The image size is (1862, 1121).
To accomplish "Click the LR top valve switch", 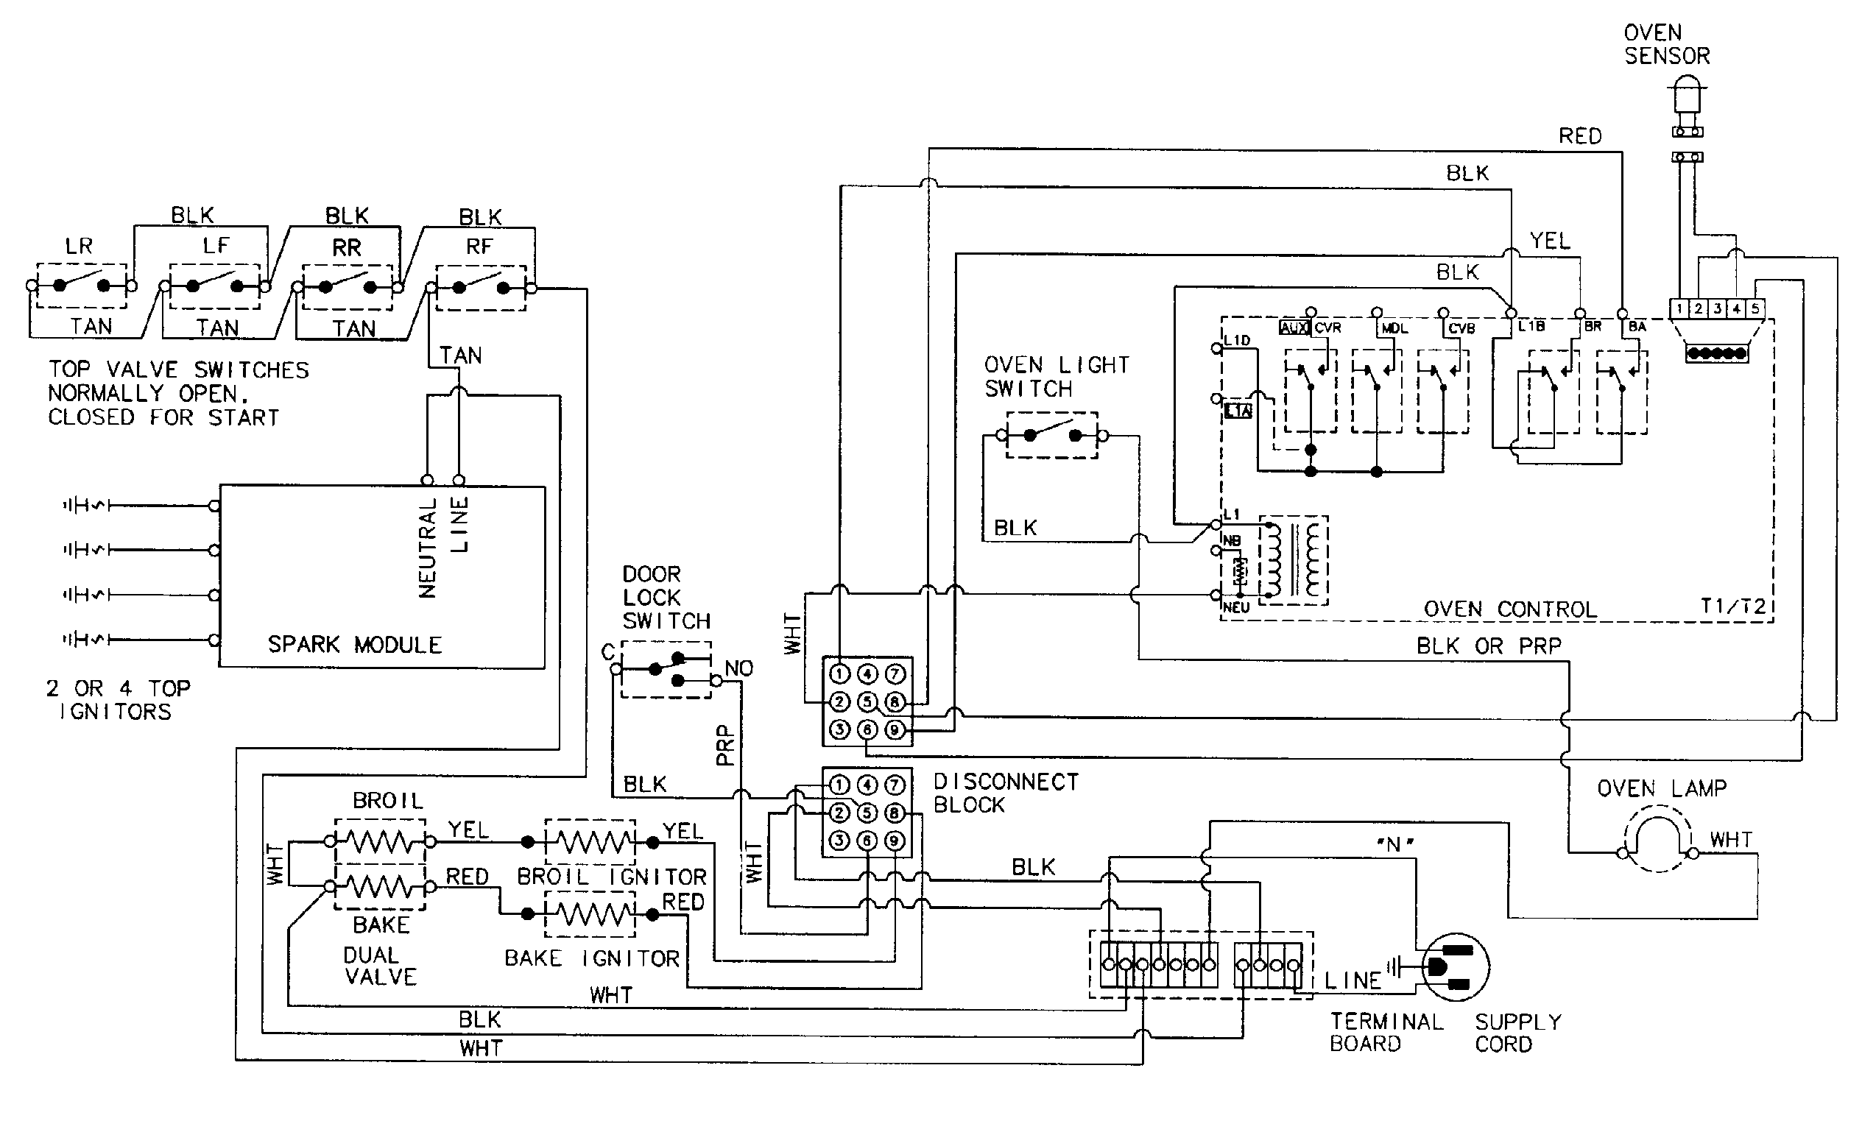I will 82,286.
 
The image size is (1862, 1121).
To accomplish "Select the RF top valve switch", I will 481,288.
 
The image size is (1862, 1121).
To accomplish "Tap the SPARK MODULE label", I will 354,644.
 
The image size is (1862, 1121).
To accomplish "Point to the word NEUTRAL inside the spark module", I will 429,548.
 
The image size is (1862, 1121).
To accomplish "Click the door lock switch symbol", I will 666,668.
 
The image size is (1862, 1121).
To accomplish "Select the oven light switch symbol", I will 1051,435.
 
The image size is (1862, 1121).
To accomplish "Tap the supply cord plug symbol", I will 1454,968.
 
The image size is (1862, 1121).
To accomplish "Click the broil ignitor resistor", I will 590,841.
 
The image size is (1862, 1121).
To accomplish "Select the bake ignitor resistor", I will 590,914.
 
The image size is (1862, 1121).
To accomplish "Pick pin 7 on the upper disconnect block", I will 895,673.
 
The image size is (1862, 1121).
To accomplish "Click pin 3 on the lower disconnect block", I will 839,840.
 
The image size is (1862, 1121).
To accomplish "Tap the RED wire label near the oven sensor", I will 1579,136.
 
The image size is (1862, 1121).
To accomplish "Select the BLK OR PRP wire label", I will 1488,646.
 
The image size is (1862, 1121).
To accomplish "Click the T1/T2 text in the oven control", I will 1733,606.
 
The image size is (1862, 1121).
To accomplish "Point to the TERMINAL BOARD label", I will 1386,1033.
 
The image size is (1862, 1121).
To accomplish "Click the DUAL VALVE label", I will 380,966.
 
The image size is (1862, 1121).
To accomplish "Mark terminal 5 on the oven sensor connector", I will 1755,308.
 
